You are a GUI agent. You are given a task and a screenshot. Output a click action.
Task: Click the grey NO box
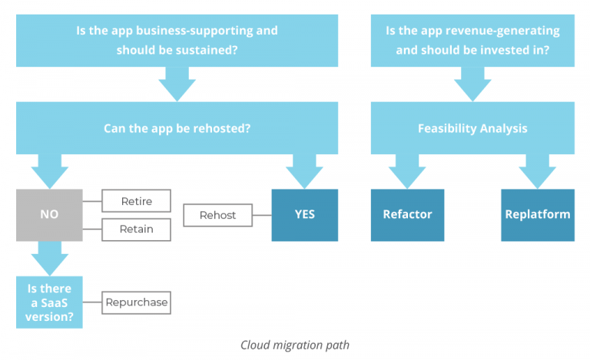coord(49,215)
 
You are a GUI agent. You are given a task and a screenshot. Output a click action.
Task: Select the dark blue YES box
coord(304,215)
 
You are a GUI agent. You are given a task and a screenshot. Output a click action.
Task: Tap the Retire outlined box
coord(136,201)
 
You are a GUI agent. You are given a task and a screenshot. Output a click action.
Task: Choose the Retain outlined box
coord(136,229)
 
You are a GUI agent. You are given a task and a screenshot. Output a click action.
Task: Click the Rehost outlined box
coord(217,215)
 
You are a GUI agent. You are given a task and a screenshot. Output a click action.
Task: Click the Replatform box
coord(537,215)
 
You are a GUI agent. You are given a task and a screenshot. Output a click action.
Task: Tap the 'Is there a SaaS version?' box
coord(49,302)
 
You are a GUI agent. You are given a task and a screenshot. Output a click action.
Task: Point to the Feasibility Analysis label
coord(472,128)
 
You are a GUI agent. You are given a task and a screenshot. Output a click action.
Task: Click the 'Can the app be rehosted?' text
coord(177,128)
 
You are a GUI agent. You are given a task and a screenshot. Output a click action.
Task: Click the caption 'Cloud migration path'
coord(295,345)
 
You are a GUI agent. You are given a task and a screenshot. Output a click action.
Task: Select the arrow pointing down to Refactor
coord(407,170)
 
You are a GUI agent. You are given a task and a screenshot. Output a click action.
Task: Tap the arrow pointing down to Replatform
coord(538,170)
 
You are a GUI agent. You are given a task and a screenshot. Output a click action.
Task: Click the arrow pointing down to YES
coord(304,170)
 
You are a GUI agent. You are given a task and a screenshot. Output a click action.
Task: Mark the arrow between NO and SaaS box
coord(49,259)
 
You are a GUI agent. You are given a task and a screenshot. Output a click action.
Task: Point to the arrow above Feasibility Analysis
coord(472,84)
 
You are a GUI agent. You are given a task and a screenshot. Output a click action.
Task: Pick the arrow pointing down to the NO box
coord(49,170)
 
